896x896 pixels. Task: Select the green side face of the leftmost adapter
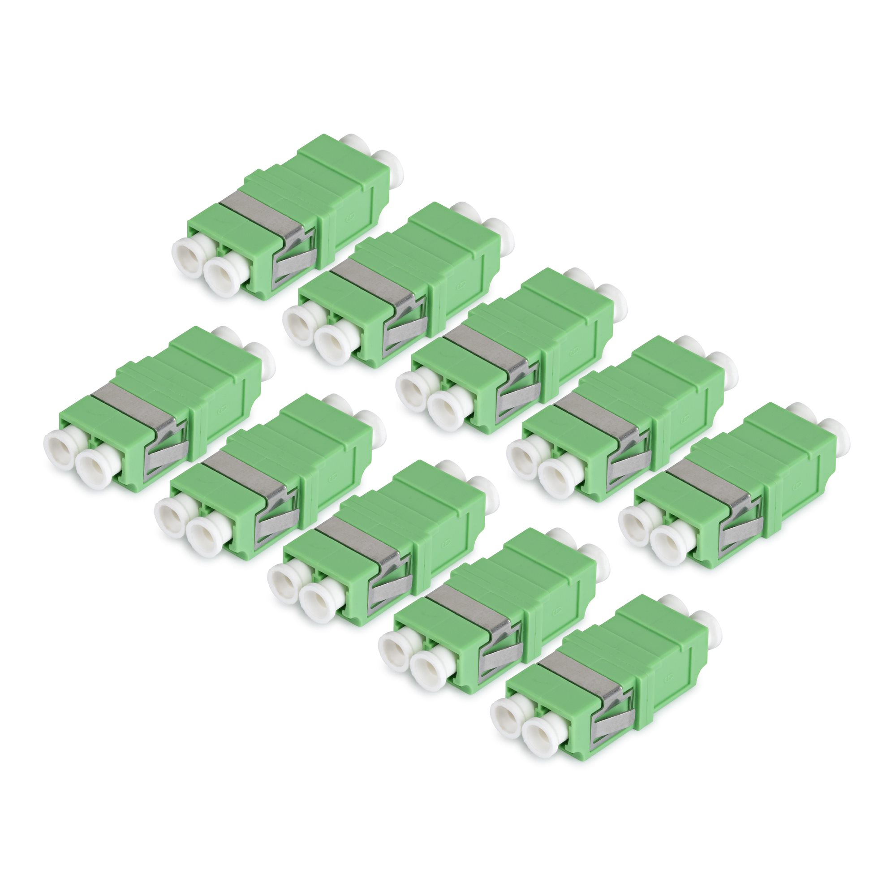click(x=223, y=408)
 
